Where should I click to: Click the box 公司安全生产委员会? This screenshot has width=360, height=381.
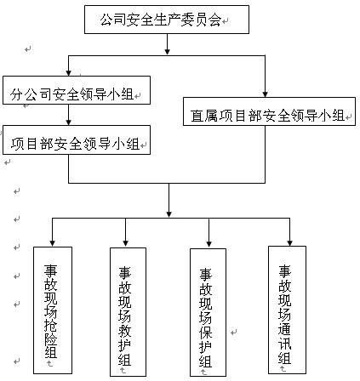pyautogui.click(x=167, y=20)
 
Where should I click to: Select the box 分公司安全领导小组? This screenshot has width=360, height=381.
pyautogui.click(x=77, y=90)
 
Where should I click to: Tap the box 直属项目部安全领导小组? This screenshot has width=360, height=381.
pyautogui.click(x=269, y=111)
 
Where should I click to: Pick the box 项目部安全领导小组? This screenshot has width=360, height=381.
pyautogui.click(x=77, y=140)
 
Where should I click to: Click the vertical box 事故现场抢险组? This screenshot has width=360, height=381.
pyautogui.click(x=53, y=310)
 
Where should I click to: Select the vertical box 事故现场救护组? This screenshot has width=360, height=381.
pyautogui.click(x=129, y=312)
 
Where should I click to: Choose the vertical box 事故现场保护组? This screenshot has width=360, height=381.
pyautogui.click(x=209, y=312)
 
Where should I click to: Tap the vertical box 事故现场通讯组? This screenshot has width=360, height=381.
pyautogui.click(x=287, y=310)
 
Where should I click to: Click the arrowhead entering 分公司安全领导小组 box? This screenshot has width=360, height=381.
pyautogui.click(x=68, y=73)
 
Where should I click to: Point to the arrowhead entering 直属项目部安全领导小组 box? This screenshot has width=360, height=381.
pyautogui.click(x=266, y=94)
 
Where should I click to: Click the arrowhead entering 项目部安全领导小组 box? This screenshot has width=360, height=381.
pyautogui.click(x=68, y=122)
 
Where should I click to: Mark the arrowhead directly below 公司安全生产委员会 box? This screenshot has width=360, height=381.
pyautogui.click(x=168, y=51)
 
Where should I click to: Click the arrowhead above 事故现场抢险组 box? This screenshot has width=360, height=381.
pyautogui.click(x=52, y=243)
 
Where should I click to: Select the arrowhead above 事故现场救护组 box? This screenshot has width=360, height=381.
pyautogui.click(x=126, y=243)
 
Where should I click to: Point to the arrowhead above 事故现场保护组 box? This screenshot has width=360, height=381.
pyautogui.click(x=209, y=244)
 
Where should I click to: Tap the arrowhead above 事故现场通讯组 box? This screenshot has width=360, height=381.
pyautogui.click(x=289, y=243)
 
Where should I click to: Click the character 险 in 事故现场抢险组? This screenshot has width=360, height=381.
pyautogui.click(x=51, y=338)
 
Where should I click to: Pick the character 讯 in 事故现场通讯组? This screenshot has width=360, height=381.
pyautogui.click(x=284, y=344)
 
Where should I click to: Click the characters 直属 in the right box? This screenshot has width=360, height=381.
pyautogui.click(x=204, y=116)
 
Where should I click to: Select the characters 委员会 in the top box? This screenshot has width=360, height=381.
pyautogui.click(x=201, y=20)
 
